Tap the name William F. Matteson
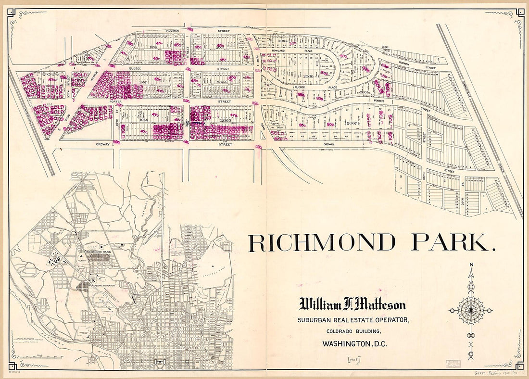tap(353, 305)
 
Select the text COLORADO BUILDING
tap(353, 331)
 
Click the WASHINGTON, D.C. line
tap(354, 344)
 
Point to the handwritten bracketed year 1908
tap(353, 359)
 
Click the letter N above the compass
tap(471, 265)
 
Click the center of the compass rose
tap(471, 310)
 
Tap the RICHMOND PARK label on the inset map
tap(99, 252)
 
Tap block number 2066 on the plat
tap(308, 76)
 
